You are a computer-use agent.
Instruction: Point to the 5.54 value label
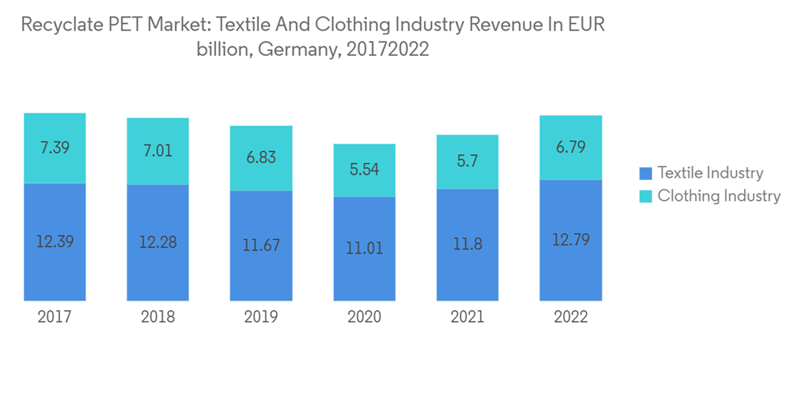[x=364, y=170]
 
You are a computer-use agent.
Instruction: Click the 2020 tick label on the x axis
[x=364, y=317]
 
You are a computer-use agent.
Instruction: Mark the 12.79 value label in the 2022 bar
[x=570, y=239]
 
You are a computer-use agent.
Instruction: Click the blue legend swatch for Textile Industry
[x=646, y=173]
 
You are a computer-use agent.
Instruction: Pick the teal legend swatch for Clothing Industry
[x=646, y=196]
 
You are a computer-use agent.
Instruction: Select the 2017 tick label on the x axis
[x=54, y=317]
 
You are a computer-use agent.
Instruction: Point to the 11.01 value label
[x=364, y=248]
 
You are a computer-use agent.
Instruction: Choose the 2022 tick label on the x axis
[x=570, y=317]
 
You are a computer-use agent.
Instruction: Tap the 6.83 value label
[x=261, y=158]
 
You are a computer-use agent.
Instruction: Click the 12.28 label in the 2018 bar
[x=158, y=241]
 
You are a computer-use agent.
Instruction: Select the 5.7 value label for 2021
[x=467, y=162]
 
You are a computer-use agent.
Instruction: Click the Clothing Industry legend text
[x=718, y=196]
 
